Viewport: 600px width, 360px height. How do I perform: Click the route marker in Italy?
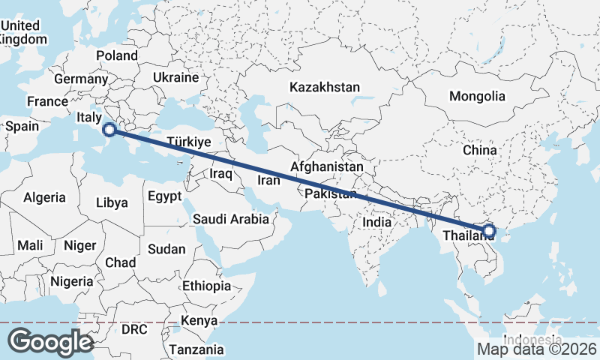point(109,130)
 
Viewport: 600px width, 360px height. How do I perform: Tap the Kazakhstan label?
point(325,87)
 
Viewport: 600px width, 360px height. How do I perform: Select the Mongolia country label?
point(477,96)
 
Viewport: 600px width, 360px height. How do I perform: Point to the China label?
point(479,150)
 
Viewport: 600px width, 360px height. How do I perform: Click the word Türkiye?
point(189,142)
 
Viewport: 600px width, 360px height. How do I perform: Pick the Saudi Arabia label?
point(230,219)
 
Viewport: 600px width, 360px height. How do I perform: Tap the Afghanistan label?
point(327,166)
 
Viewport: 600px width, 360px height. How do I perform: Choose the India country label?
point(376,222)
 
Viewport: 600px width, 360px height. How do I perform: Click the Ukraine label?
point(175,77)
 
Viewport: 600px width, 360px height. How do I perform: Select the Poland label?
point(116,55)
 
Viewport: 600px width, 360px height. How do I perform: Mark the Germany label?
point(81,79)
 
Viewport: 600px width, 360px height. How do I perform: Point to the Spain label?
point(22,126)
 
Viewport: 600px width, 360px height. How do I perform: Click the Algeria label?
point(44,198)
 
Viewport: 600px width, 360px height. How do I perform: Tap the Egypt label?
point(165,197)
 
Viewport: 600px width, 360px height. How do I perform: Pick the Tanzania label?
point(196,349)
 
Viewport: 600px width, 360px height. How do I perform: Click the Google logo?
point(50,342)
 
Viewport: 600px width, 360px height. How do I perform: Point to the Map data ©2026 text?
point(536,349)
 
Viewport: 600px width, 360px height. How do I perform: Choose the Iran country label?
point(268,180)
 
